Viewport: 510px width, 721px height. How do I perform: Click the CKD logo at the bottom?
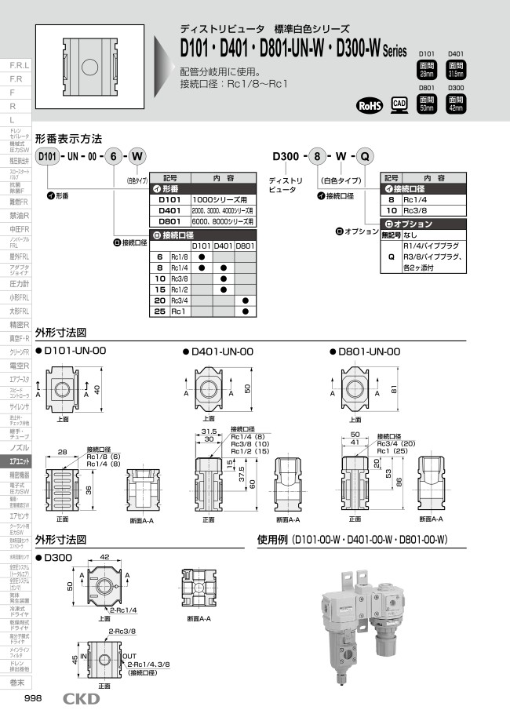click(81, 699)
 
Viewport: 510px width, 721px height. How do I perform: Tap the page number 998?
click(34, 699)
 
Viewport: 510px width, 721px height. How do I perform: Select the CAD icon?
click(399, 105)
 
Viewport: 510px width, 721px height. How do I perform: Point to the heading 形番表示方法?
click(69, 138)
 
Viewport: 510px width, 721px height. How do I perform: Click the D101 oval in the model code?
click(48, 157)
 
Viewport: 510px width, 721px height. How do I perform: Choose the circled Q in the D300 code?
click(366, 157)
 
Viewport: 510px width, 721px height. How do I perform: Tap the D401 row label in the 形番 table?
click(170, 210)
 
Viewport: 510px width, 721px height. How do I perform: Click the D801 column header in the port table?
click(246, 246)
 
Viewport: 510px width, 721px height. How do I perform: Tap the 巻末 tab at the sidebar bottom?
click(16, 683)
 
